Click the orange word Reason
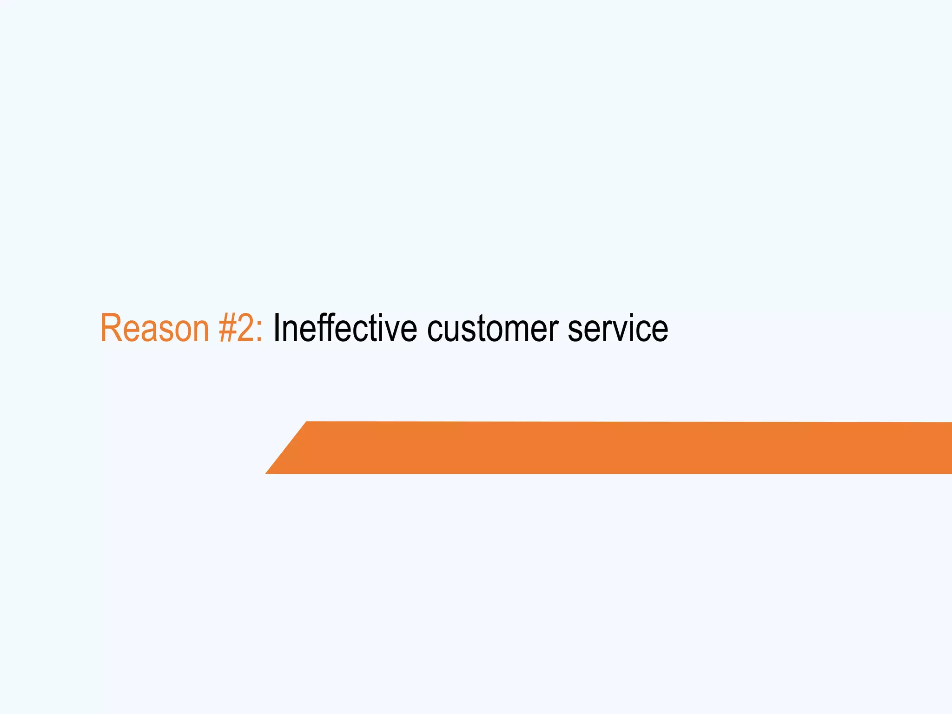coord(155,328)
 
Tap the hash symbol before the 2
coord(228,328)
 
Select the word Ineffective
coord(345,328)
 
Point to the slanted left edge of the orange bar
coord(286,447)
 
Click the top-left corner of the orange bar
coord(307,422)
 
